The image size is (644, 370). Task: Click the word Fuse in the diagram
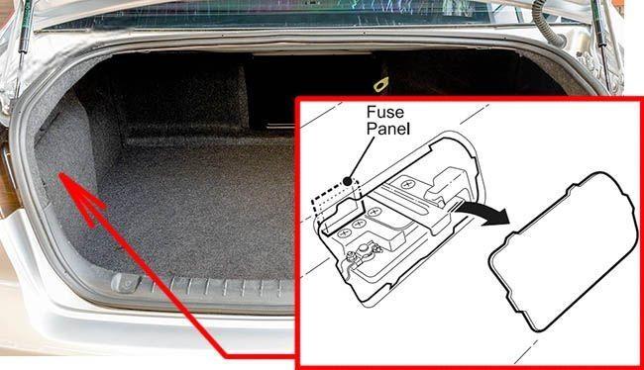[x=384, y=112]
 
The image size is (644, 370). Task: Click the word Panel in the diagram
[x=388, y=129]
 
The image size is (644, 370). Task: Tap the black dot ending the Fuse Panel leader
[x=348, y=180]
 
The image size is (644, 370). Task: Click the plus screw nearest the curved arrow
[x=407, y=185]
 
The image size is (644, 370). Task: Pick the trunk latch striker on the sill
[x=126, y=283]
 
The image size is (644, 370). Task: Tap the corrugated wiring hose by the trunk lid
[x=546, y=23]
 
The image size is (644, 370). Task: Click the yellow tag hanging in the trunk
[x=380, y=84]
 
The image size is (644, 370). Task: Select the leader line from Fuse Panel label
[x=362, y=158]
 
